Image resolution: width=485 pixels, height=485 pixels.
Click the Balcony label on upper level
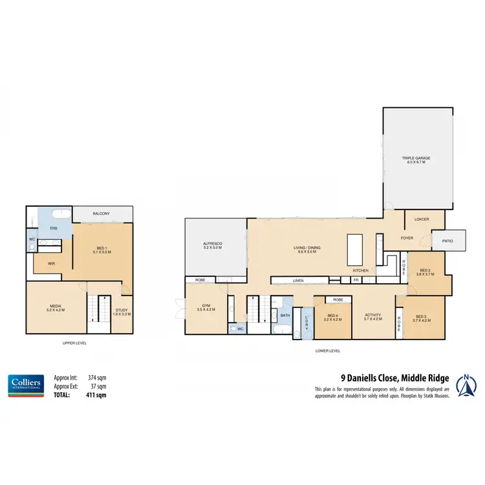[101, 213]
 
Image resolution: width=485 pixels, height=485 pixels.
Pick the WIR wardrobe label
[50, 263]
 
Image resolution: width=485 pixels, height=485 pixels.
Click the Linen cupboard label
[297, 281]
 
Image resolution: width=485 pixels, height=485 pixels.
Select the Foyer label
[407, 238]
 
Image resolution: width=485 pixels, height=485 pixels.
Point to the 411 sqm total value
[97, 394]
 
